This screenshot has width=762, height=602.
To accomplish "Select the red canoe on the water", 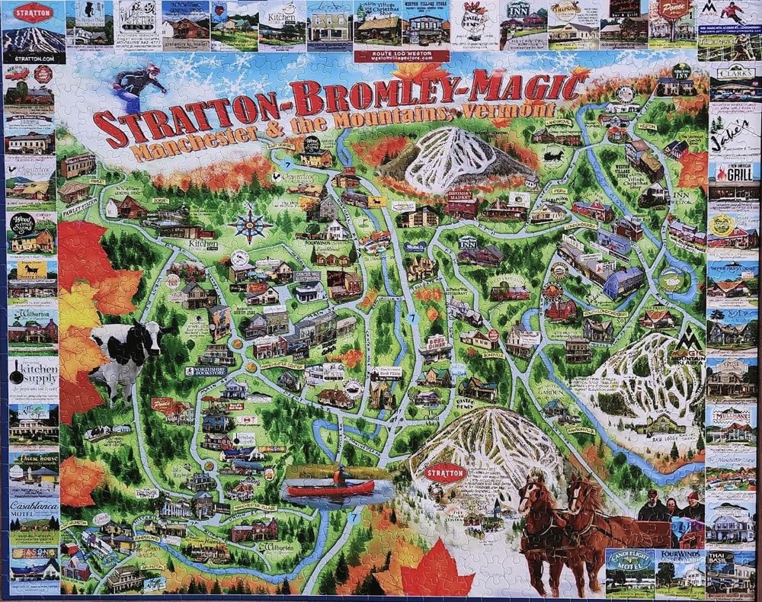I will pos(331,488).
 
